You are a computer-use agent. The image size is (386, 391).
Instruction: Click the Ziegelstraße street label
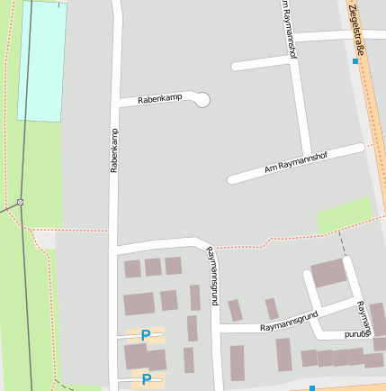point(359,24)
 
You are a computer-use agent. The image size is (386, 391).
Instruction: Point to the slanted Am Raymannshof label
point(296,162)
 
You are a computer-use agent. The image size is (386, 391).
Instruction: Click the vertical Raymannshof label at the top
point(288,29)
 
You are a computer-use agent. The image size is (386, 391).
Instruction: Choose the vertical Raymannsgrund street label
point(212,276)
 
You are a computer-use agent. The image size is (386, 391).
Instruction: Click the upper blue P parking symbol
point(146,335)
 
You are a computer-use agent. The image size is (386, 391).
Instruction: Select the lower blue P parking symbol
point(146,379)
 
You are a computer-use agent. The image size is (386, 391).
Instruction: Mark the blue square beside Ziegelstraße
point(355,62)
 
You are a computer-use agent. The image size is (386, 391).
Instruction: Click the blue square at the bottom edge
point(312,387)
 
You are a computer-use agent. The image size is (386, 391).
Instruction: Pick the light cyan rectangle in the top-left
point(42,61)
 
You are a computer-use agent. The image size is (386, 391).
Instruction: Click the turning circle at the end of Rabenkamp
point(202,99)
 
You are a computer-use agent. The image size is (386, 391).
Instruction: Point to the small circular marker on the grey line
point(20,202)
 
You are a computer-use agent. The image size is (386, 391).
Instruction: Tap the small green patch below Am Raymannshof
point(344,214)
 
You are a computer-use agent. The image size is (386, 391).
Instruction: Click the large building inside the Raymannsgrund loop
point(328,272)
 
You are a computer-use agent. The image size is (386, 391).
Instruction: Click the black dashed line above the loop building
point(341,241)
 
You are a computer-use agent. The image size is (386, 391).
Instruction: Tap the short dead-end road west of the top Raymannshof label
point(262,62)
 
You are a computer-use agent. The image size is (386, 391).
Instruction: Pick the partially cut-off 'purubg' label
point(358,333)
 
